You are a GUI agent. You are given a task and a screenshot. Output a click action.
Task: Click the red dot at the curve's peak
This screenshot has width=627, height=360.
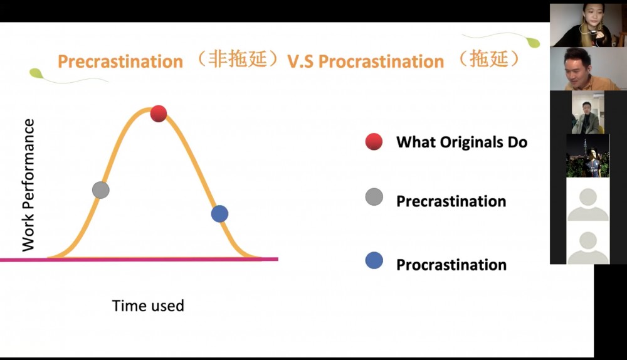159,114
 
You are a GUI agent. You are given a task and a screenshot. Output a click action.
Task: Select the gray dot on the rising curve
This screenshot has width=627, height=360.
101,190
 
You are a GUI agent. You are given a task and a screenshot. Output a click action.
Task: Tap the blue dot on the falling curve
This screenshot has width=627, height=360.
219,214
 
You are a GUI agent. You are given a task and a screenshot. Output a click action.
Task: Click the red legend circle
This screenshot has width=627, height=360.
374,142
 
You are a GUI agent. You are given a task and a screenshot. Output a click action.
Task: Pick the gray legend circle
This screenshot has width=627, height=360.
374,197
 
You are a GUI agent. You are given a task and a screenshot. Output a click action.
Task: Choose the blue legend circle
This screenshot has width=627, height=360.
374,260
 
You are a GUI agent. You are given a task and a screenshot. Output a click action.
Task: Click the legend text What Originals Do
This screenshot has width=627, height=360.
462,142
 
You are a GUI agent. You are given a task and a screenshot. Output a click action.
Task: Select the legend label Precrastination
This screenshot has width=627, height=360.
451,201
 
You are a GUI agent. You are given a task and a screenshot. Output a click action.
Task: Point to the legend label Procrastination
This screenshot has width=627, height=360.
451,265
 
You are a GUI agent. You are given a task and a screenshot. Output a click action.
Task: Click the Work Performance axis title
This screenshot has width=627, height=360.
28,185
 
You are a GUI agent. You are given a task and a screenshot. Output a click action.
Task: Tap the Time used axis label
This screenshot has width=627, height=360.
148,305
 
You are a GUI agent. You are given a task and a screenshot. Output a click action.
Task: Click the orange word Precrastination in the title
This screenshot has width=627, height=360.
120,61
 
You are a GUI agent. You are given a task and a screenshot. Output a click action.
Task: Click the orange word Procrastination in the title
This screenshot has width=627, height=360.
381,61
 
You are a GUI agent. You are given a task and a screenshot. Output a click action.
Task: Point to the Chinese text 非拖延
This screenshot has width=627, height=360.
238,59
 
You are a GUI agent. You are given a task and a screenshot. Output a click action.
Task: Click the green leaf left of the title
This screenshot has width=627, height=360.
36,73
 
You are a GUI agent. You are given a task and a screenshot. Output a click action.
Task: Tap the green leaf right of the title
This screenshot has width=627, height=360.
533,43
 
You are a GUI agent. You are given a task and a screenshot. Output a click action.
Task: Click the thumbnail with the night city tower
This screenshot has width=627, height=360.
588,156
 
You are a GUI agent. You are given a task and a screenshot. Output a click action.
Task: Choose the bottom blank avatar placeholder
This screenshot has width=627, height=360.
588,243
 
